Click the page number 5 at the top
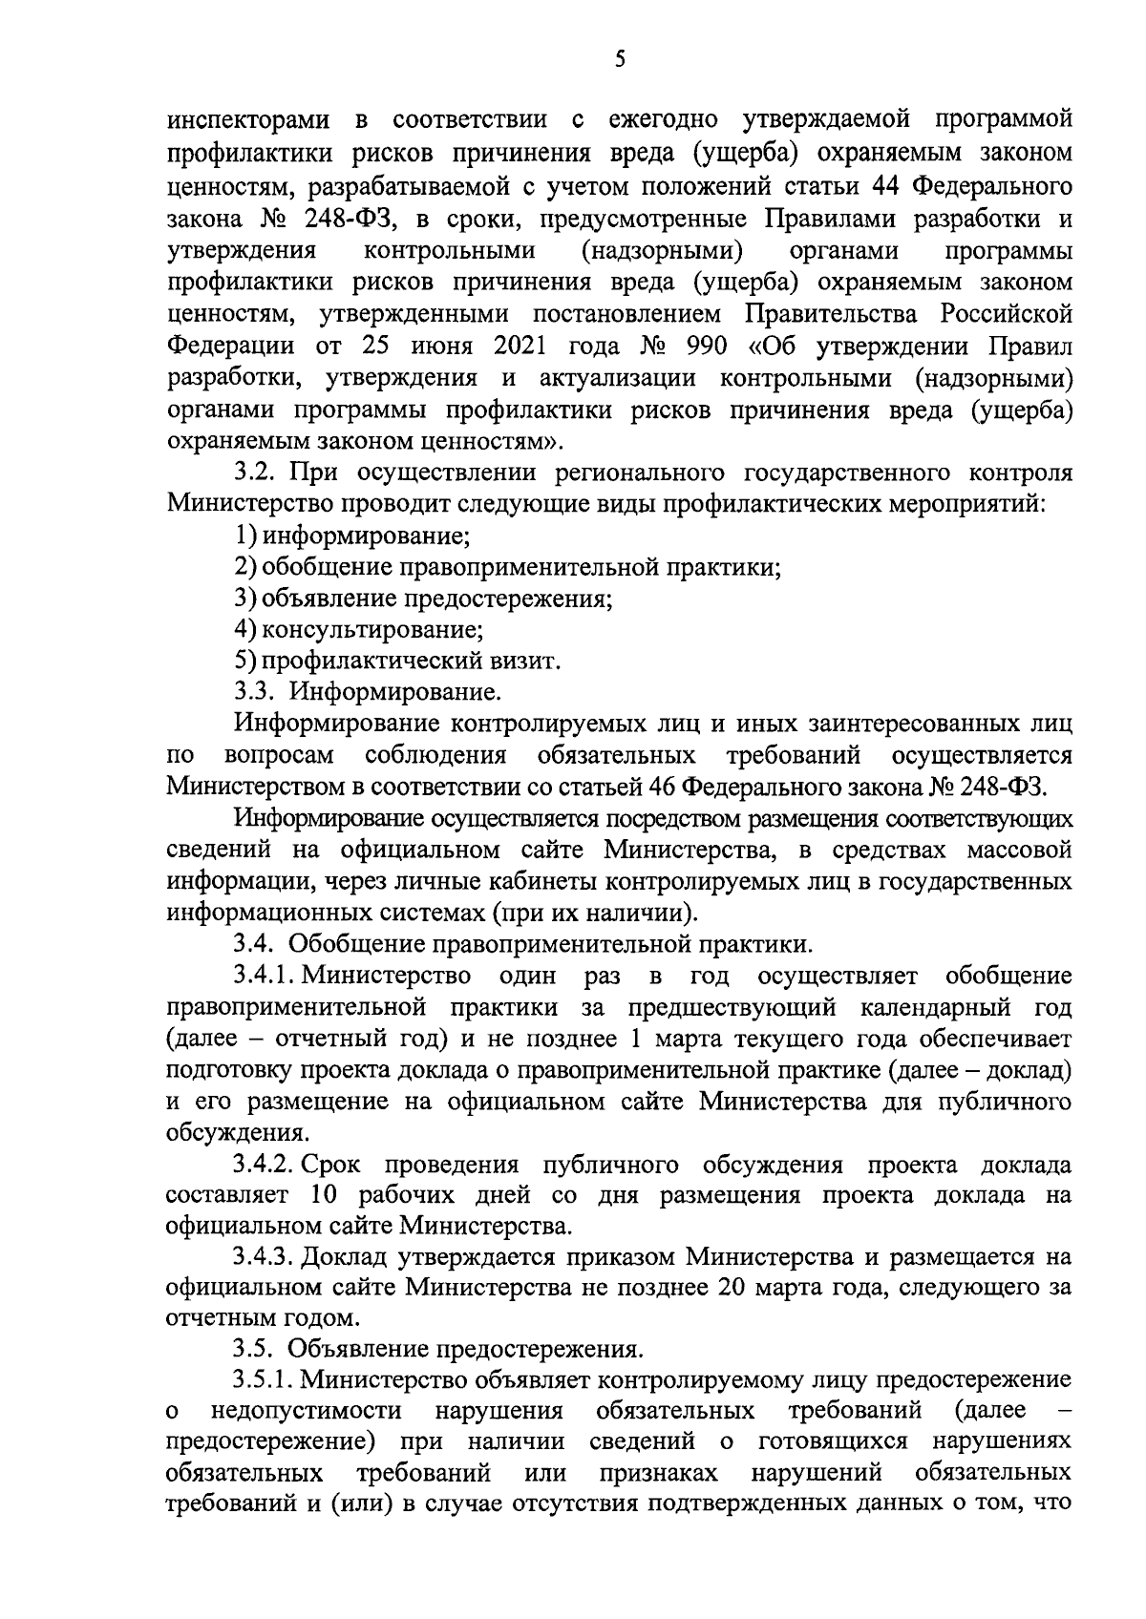tap(620, 60)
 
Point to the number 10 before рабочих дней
tap(325, 1197)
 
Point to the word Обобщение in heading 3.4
tap(356, 945)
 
